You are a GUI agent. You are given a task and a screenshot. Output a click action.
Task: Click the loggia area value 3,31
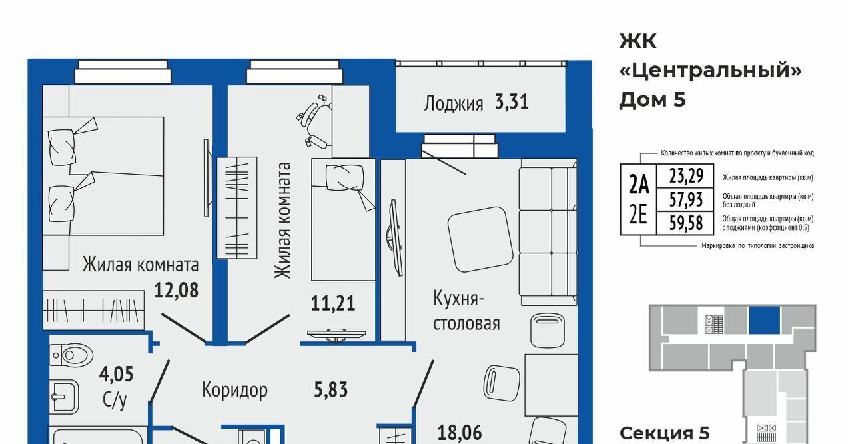(x=512, y=102)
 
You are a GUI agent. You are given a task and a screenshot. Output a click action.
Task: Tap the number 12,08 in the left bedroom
(x=176, y=291)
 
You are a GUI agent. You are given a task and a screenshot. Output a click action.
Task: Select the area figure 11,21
(x=333, y=303)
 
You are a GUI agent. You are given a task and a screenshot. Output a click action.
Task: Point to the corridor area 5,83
(x=331, y=390)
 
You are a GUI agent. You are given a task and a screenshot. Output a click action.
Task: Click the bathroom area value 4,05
(x=116, y=374)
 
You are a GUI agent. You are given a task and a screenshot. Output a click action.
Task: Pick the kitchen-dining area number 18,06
(x=460, y=433)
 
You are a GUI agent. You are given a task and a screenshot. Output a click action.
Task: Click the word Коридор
(x=234, y=390)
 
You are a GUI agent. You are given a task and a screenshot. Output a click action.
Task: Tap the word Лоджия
(x=454, y=103)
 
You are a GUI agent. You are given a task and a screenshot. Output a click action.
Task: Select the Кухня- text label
(x=458, y=299)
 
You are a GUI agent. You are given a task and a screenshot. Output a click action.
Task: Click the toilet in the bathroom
(x=71, y=355)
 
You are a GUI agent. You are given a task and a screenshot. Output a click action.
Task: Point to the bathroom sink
(x=65, y=396)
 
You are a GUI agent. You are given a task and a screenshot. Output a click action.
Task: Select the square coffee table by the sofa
(x=480, y=239)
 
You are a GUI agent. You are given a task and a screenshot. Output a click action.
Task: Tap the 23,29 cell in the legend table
(x=686, y=176)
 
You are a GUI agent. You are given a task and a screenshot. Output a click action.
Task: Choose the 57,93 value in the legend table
(x=686, y=199)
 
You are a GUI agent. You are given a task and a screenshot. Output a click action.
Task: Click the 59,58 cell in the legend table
(x=686, y=223)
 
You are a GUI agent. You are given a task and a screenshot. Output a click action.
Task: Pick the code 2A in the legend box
(x=639, y=185)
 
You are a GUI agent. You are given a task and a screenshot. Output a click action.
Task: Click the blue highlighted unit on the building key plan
(x=764, y=320)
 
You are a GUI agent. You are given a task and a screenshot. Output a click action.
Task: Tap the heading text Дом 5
(x=652, y=99)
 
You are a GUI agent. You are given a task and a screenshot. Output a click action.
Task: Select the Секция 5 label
(x=664, y=433)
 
